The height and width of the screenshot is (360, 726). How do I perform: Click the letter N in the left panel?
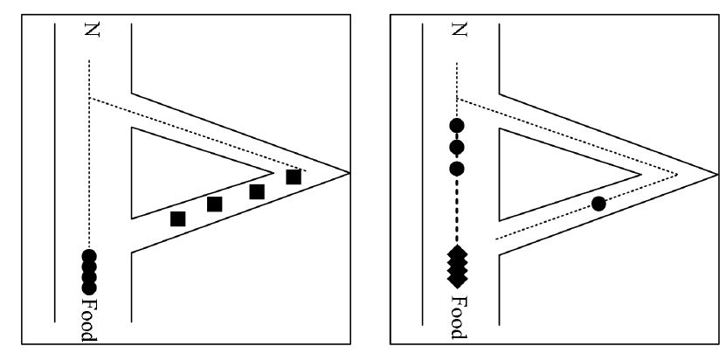(90, 32)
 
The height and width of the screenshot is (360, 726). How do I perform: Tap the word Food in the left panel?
(90, 318)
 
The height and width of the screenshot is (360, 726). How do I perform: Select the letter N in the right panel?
(457, 32)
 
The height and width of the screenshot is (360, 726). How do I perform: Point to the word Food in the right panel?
(457, 318)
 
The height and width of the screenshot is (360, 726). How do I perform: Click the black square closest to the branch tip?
(294, 177)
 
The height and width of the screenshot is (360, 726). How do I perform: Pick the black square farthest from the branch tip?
(177, 218)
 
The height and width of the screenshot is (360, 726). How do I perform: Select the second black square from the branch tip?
(257, 191)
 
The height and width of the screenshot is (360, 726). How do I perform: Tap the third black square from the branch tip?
(215, 204)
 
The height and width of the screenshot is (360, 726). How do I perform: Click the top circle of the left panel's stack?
(89, 257)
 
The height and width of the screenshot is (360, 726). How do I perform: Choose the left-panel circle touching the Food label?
(89, 286)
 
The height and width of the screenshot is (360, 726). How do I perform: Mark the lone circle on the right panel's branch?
(598, 204)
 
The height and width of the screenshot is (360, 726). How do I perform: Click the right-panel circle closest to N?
(456, 126)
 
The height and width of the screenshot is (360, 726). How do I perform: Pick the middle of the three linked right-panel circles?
(456, 146)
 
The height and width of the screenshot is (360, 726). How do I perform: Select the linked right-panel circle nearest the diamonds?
(456, 167)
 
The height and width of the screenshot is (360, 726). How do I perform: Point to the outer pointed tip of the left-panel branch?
(349, 172)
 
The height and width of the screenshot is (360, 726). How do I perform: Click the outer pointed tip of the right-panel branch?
(716, 172)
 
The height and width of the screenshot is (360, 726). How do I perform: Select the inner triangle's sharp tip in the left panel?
(273, 168)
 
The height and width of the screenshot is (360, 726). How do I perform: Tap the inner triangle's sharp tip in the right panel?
(641, 172)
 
